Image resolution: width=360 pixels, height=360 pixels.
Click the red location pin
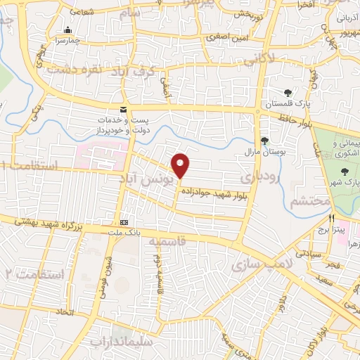click(x=181, y=165)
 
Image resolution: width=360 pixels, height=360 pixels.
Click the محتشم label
click(x=310, y=202)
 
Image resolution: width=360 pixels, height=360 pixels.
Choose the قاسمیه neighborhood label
click(x=168, y=243)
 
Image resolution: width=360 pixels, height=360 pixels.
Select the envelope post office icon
click(x=124, y=110)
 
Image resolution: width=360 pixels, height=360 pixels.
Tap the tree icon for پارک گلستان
click(x=288, y=93)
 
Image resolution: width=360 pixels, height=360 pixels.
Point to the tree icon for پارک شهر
click(x=344, y=171)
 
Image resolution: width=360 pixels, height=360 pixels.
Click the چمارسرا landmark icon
click(x=67, y=30)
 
